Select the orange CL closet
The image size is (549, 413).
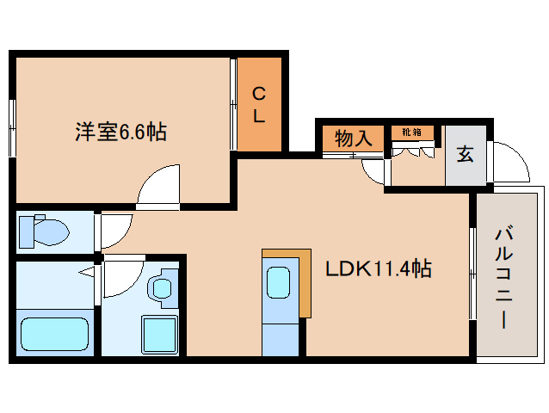tap(260, 104)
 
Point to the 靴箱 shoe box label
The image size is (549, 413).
tap(412, 133)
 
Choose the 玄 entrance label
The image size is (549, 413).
tap(466, 155)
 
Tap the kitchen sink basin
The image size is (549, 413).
tap(280, 282)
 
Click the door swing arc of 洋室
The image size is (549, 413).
tap(159, 185)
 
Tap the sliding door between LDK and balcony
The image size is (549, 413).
tap(472, 274)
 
